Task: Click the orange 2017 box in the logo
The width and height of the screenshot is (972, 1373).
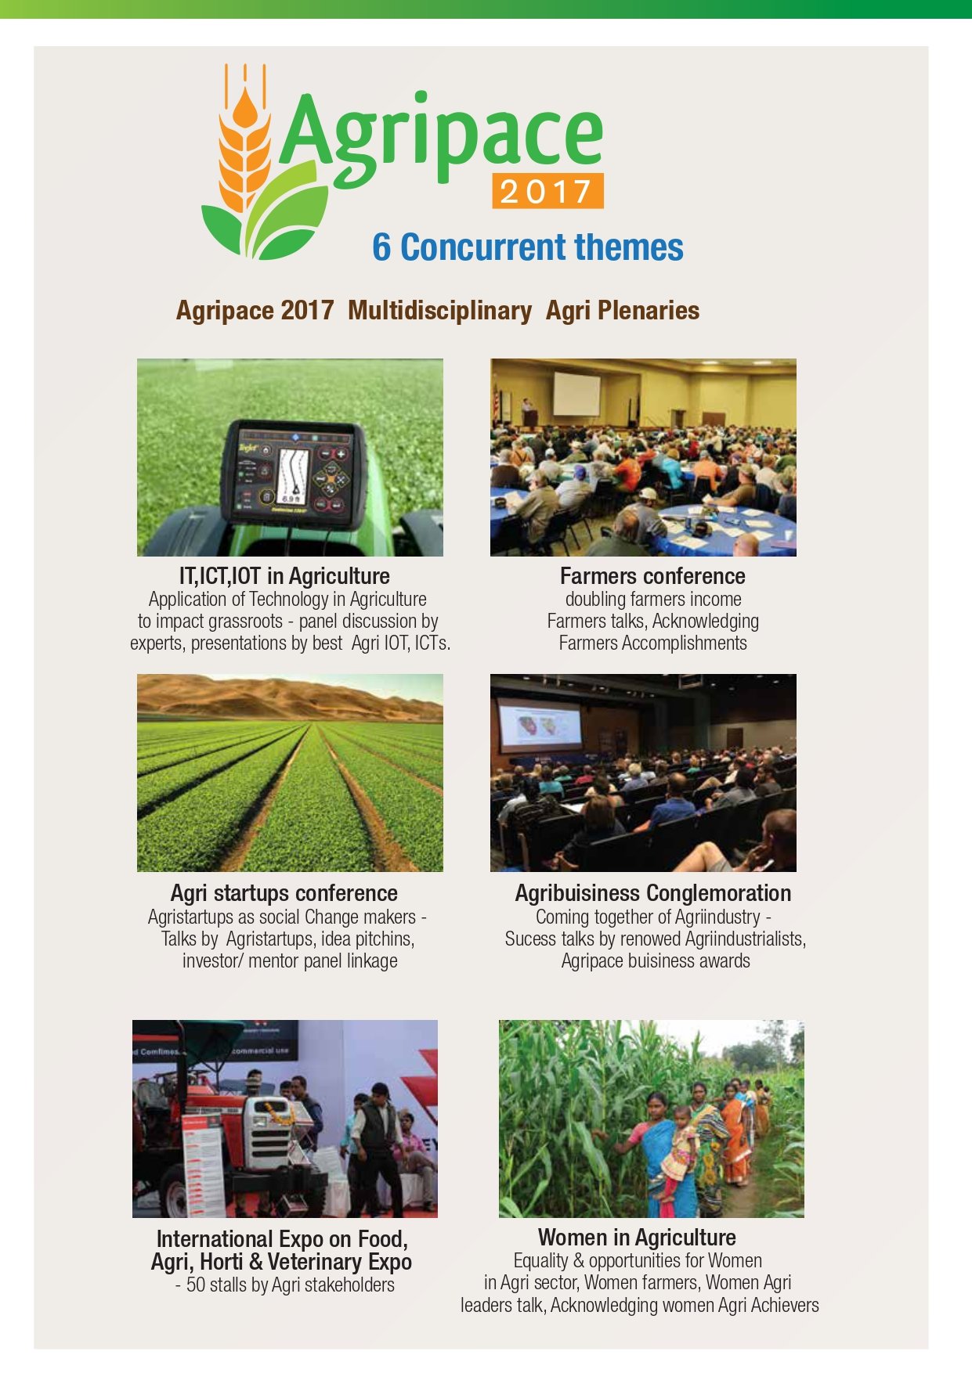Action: click(x=547, y=190)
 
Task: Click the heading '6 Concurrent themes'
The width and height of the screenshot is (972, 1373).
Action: click(x=528, y=247)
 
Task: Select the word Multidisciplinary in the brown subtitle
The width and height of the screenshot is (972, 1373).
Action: click(x=439, y=310)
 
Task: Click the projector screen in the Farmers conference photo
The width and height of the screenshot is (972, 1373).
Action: click(x=577, y=393)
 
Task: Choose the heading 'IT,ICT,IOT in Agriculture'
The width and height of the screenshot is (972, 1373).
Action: click(x=284, y=576)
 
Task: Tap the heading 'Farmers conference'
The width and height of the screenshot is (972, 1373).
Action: click(x=652, y=576)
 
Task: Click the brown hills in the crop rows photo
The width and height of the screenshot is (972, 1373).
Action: click(x=290, y=697)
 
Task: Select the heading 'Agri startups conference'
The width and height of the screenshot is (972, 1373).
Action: click(x=284, y=893)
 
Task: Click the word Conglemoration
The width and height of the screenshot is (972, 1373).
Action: click(x=719, y=893)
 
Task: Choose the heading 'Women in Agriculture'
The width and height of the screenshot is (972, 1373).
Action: click(x=637, y=1238)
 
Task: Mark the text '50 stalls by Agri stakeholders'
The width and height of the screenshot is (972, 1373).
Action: click(x=290, y=1285)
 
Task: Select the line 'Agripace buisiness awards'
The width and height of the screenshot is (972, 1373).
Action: click(x=656, y=960)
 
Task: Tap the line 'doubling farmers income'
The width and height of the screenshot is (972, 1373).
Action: click(x=653, y=600)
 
